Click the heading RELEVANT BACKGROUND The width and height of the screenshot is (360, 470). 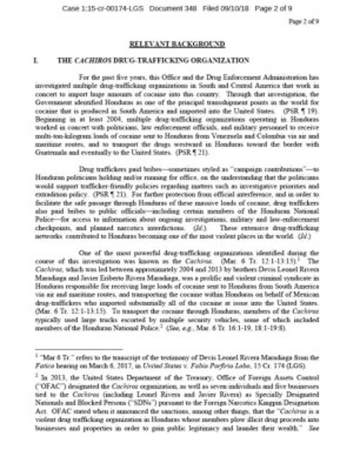point(177,44)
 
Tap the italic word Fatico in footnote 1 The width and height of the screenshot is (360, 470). point(43,366)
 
